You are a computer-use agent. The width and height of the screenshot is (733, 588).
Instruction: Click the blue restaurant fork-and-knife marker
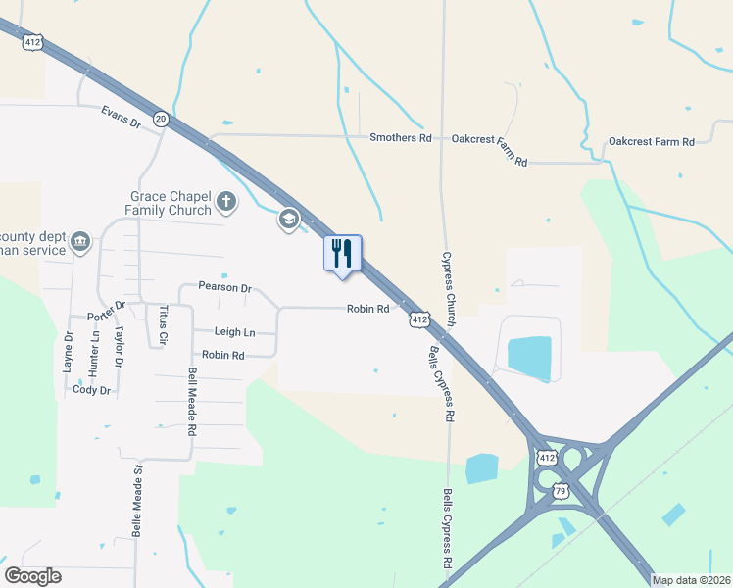click(x=342, y=254)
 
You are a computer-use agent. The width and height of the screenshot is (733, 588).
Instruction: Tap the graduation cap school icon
click(x=288, y=219)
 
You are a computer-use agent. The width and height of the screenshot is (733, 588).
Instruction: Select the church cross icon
click(x=226, y=203)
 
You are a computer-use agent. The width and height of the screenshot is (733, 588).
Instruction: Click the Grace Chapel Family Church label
click(x=169, y=203)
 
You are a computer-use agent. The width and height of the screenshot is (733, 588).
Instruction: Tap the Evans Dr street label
click(x=122, y=118)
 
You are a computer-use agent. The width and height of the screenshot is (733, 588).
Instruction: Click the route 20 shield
click(x=161, y=119)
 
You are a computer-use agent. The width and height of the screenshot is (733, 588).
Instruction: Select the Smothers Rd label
click(x=400, y=138)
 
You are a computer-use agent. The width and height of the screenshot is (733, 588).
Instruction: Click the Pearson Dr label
click(x=224, y=288)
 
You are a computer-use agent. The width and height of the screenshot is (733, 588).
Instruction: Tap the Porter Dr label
click(x=107, y=312)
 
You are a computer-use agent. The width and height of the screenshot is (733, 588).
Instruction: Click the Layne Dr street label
click(x=69, y=351)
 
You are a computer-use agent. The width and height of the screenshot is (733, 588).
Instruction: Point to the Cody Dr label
click(x=92, y=389)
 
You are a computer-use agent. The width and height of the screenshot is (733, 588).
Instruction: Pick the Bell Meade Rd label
click(x=193, y=402)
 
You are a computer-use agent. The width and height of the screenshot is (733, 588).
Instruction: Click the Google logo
click(x=32, y=576)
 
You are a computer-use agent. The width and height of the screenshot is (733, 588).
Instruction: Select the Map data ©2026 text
click(x=691, y=580)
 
